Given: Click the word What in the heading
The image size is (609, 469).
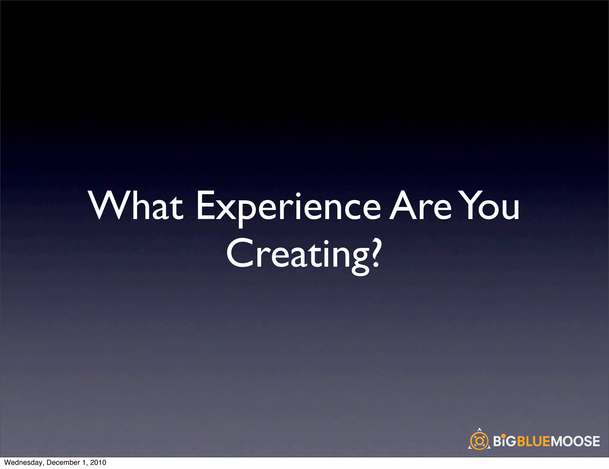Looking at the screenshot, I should click(136, 206).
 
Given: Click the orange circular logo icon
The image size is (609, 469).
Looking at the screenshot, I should click(479, 441).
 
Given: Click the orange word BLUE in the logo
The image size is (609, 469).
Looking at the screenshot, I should click(534, 441).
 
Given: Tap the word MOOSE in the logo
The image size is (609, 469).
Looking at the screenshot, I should click(575, 441).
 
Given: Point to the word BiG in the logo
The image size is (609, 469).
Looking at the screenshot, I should click(505, 441).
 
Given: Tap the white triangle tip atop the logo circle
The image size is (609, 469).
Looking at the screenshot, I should click(479, 429).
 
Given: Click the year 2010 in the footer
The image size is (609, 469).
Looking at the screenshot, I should click(98, 462).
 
